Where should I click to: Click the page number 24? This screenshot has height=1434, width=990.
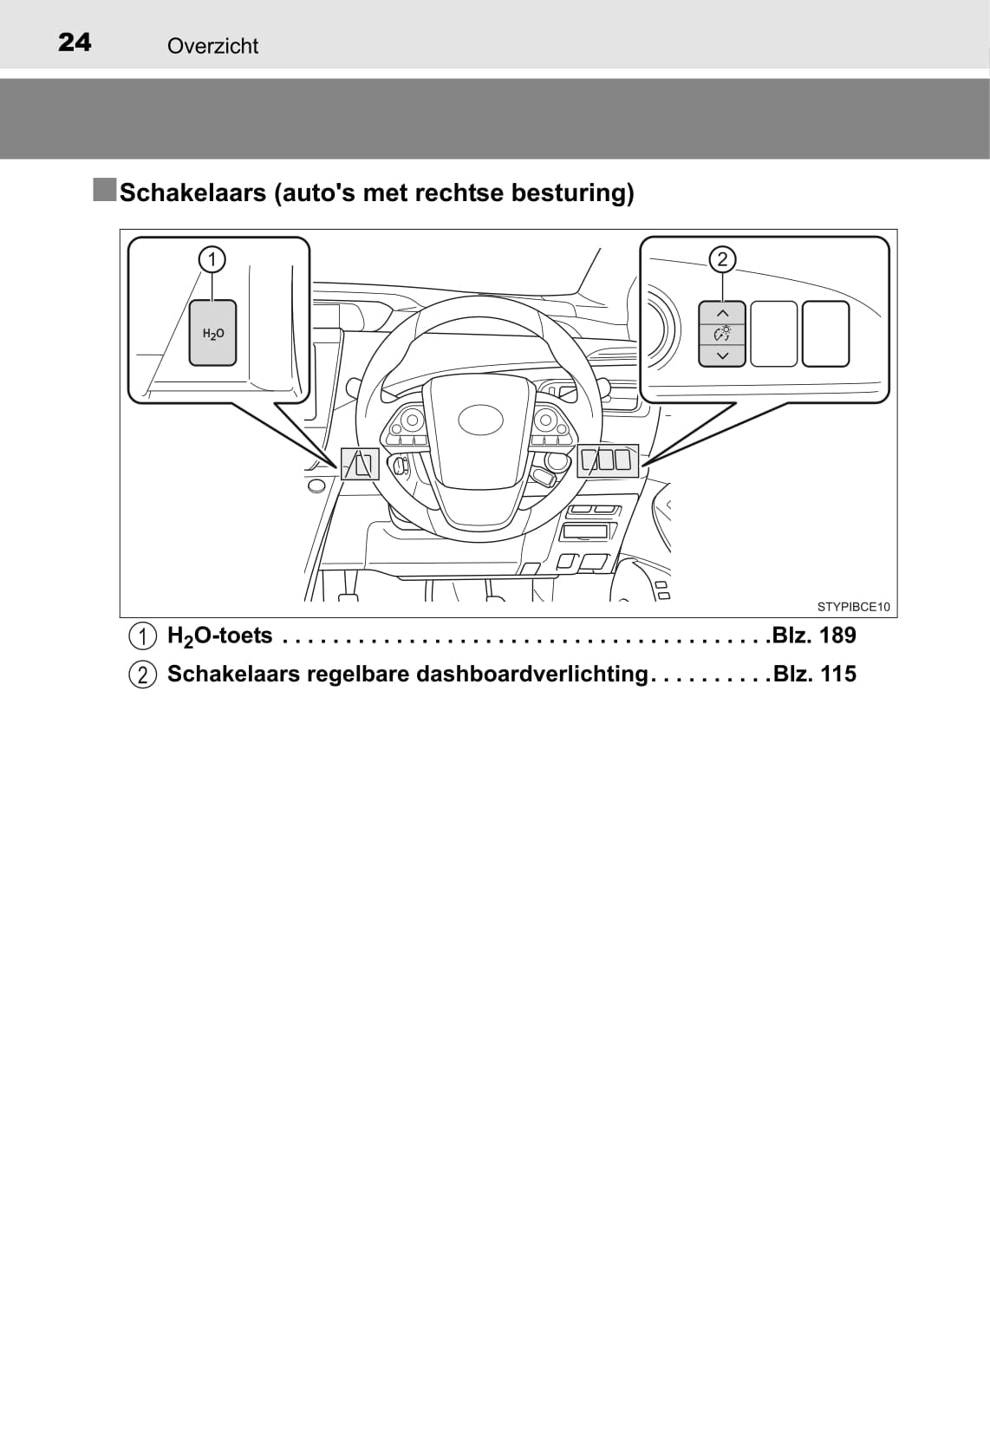click(x=75, y=42)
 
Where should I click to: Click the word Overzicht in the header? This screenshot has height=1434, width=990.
click(x=212, y=46)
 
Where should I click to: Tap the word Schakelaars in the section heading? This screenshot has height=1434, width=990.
click(x=192, y=192)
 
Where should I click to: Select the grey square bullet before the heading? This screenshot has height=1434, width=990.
click(x=104, y=189)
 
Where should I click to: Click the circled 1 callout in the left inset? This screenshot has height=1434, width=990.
click(x=212, y=258)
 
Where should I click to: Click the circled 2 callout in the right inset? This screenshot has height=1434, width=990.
click(x=722, y=258)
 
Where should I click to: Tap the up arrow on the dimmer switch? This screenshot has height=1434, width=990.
click(x=722, y=313)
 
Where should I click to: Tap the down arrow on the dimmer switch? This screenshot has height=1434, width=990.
click(x=722, y=355)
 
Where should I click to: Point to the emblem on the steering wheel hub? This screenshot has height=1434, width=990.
click(x=480, y=420)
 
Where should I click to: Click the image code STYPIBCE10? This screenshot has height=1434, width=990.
click(x=853, y=607)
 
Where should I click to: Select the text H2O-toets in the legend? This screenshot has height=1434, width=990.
click(x=219, y=636)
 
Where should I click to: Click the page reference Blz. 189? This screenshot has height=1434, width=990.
click(x=814, y=636)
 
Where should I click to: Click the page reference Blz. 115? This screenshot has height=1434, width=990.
click(x=814, y=674)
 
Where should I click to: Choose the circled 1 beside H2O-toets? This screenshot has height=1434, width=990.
click(x=143, y=636)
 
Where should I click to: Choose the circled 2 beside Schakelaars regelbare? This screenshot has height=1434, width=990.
click(x=143, y=675)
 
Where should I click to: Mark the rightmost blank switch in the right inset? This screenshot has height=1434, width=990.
click(x=825, y=334)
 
